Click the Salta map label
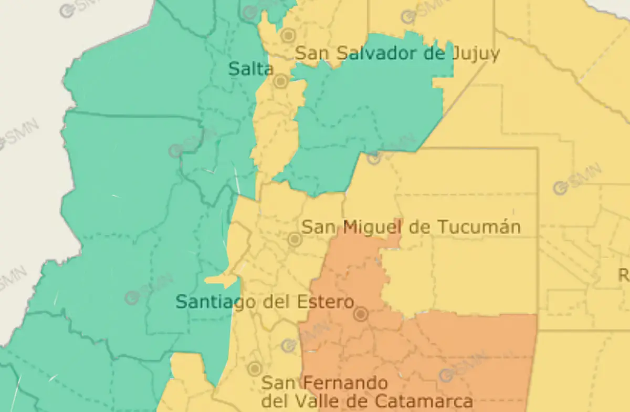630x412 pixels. (x=251, y=69)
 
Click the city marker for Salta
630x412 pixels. (x=280, y=81)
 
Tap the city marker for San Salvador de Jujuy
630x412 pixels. (x=288, y=36)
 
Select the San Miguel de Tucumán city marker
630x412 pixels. (x=295, y=240)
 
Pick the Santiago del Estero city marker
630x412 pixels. (x=360, y=314)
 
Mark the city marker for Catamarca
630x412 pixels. (x=255, y=368)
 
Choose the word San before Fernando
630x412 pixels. (x=277, y=383)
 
